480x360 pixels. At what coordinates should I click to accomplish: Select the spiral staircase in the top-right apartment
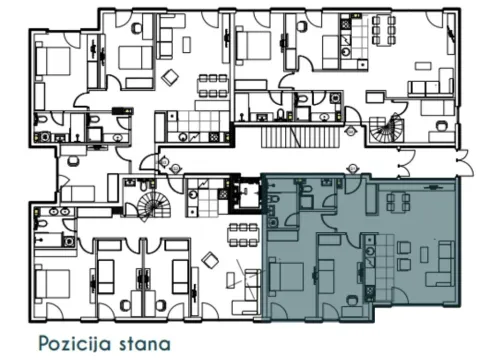pyautogui.click(x=384, y=127)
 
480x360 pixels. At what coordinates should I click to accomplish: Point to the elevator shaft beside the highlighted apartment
pyautogui.click(x=241, y=194)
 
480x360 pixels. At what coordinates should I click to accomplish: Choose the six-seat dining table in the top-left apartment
pyautogui.click(x=207, y=84)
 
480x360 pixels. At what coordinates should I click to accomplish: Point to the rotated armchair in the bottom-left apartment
pyautogui.click(x=211, y=260)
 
